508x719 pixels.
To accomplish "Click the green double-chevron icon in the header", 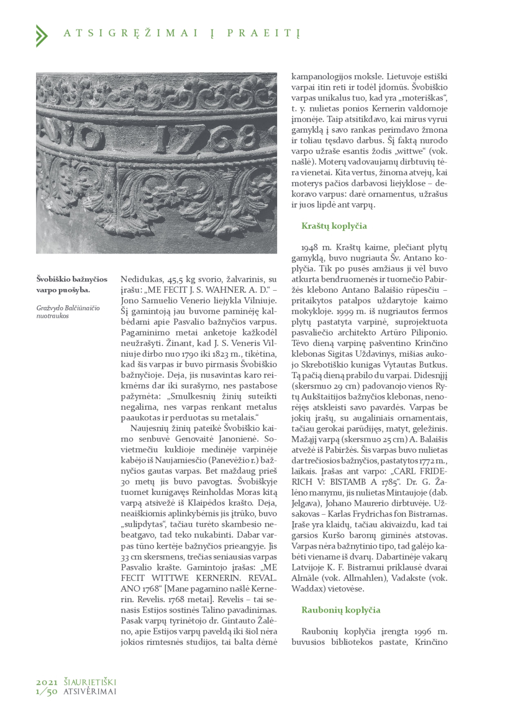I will coord(41,35).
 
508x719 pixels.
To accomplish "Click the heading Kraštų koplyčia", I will coord(334,226).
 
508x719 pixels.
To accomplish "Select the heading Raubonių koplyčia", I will coord(340,610).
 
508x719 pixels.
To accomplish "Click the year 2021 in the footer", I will coord(47,682).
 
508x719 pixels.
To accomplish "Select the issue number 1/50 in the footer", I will coord(47,692).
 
